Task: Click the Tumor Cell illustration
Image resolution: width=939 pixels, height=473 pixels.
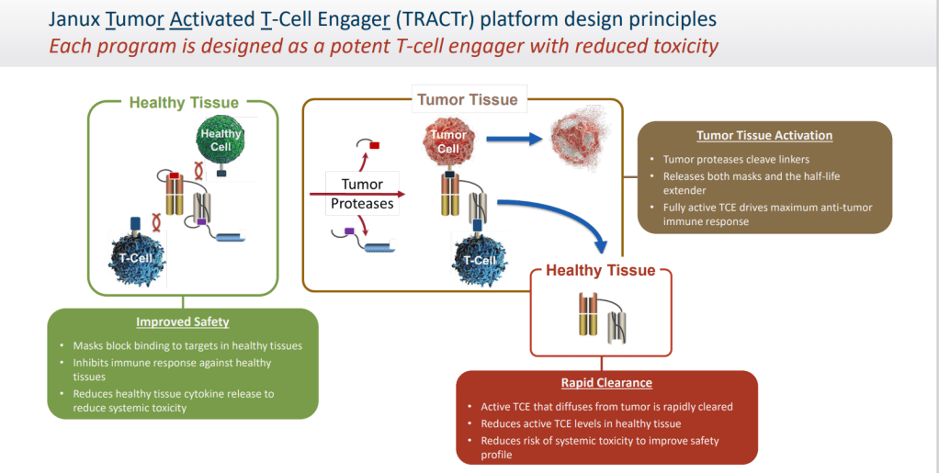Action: tap(447, 141)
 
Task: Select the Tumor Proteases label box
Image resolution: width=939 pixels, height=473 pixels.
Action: tap(362, 194)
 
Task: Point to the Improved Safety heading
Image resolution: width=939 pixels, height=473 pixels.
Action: tap(183, 322)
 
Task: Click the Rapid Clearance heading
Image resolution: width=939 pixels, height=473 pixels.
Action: tap(606, 383)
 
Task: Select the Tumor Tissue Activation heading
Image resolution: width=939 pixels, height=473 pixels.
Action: tap(764, 136)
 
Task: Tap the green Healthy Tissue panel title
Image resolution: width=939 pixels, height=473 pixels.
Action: tap(184, 103)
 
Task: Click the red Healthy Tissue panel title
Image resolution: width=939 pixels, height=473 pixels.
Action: tap(601, 270)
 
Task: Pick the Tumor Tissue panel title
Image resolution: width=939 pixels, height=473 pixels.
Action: tap(468, 99)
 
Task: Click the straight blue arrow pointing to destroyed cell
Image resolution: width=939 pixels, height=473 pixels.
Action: tap(512, 139)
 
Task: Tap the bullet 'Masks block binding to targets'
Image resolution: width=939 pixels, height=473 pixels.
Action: tap(187, 345)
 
